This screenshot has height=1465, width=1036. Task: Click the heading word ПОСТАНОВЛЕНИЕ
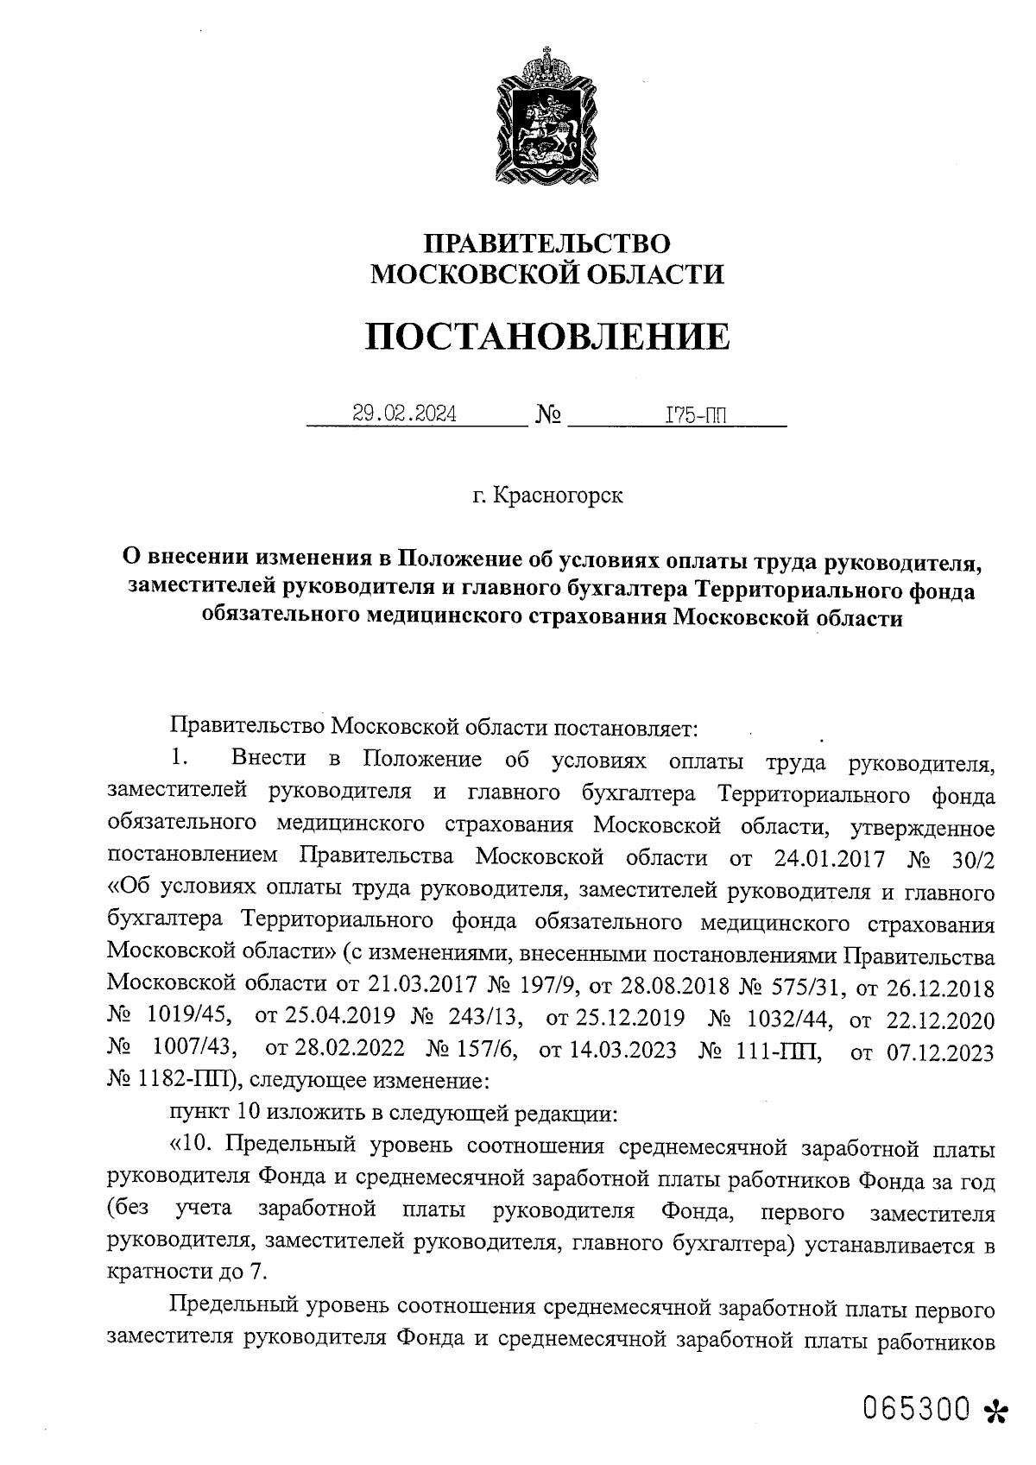546,336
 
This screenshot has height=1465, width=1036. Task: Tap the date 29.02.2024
405,414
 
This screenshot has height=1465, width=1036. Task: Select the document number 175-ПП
695,416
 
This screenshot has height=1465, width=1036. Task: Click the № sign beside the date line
548,415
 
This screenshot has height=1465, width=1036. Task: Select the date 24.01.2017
819,858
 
